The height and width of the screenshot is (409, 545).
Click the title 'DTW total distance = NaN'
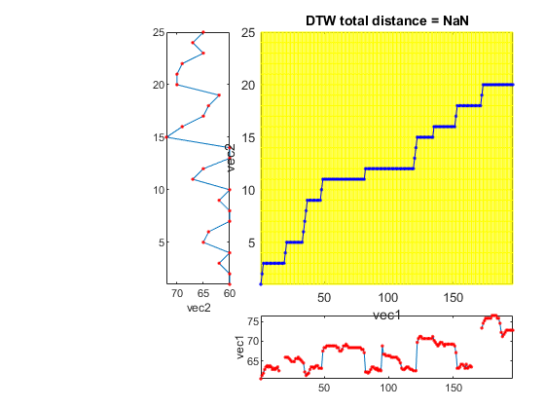(x=387, y=20)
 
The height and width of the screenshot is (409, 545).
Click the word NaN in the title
(x=455, y=20)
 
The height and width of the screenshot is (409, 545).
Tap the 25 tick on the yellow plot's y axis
(x=248, y=33)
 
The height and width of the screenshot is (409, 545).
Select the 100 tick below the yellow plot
(x=388, y=298)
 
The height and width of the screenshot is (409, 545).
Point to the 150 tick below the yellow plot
(x=453, y=298)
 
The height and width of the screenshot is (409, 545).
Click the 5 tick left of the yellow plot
(x=252, y=242)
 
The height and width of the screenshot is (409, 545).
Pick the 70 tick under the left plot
(x=177, y=293)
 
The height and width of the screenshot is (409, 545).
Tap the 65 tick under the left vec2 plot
(x=203, y=293)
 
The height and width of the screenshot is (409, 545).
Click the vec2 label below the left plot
(x=199, y=308)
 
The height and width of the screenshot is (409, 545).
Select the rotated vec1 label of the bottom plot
(x=240, y=348)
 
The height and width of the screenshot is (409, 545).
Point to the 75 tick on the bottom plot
(x=253, y=321)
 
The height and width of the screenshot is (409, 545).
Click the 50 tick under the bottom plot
(x=324, y=388)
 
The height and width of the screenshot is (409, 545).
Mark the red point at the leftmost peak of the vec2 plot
(x=166, y=137)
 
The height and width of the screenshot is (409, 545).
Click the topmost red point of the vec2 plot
(x=203, y=32)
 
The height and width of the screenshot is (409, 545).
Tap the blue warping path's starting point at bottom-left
(x=261, y=284)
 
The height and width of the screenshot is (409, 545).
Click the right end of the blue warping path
(x=513, y=85)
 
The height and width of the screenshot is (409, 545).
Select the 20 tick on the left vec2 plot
(x=158, y=85)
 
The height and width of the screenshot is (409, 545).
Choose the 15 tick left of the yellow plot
(x=248, y=137)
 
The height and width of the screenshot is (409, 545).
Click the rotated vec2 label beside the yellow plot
(x=231, y=158)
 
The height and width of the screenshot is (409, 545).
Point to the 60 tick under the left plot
(x=230, y=293)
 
